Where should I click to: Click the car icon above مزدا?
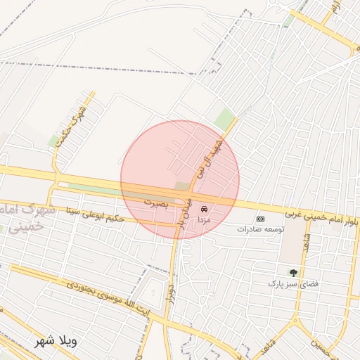(204, 210)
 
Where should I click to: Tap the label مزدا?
(205, 219)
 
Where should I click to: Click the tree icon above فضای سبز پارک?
(292, 272)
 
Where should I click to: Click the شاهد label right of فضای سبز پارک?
(308, 243)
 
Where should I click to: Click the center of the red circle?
(180, 180)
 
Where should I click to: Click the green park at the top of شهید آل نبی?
(224, 119)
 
